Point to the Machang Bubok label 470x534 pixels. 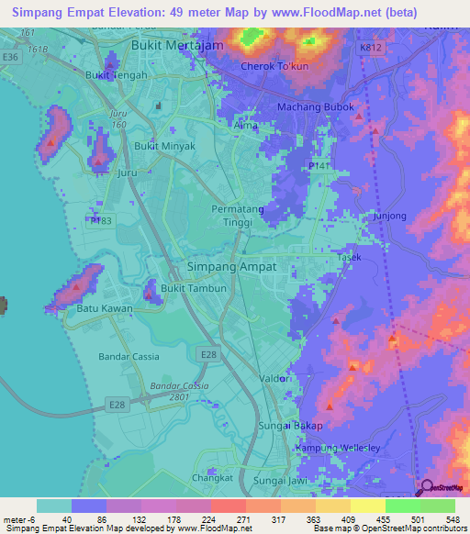[x=314, y=107]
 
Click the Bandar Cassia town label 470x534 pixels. [x=129, y=356]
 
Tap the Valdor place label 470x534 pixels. [x=275, y=378]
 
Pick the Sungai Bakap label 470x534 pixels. [x=299, y=426]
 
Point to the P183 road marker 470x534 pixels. [x=100, y=221]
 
